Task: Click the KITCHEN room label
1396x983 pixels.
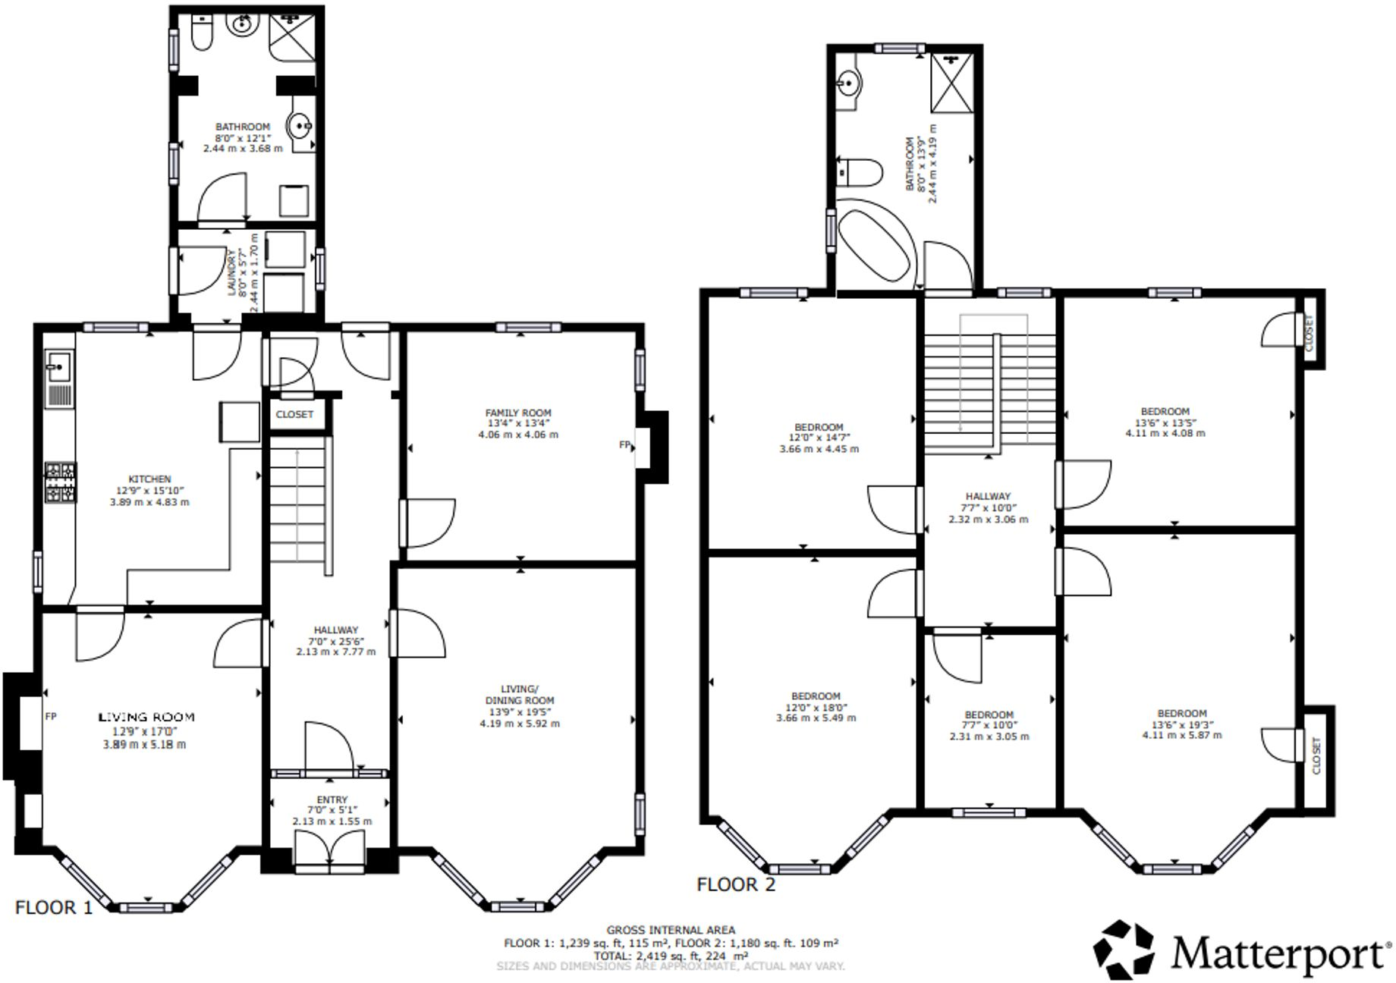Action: pos(149,479)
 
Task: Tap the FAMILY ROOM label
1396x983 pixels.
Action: pos(518,413)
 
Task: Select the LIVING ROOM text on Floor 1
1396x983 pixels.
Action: pos(147,717)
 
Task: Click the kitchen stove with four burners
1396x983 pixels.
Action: pos(60,482)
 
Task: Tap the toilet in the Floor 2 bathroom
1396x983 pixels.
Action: pos(860,172)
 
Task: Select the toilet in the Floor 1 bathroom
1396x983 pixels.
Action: pos(201,33)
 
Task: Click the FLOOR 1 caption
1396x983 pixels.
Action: pos(54,907)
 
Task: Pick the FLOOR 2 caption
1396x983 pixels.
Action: pos(736,884)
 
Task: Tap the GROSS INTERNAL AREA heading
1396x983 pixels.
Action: pos(671,930)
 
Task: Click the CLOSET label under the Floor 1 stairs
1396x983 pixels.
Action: pos(294,414)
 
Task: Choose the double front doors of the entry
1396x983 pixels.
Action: pos(330,848)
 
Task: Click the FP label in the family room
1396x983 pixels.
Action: pos(624,445)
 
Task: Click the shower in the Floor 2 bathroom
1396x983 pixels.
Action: pos(951,83)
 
